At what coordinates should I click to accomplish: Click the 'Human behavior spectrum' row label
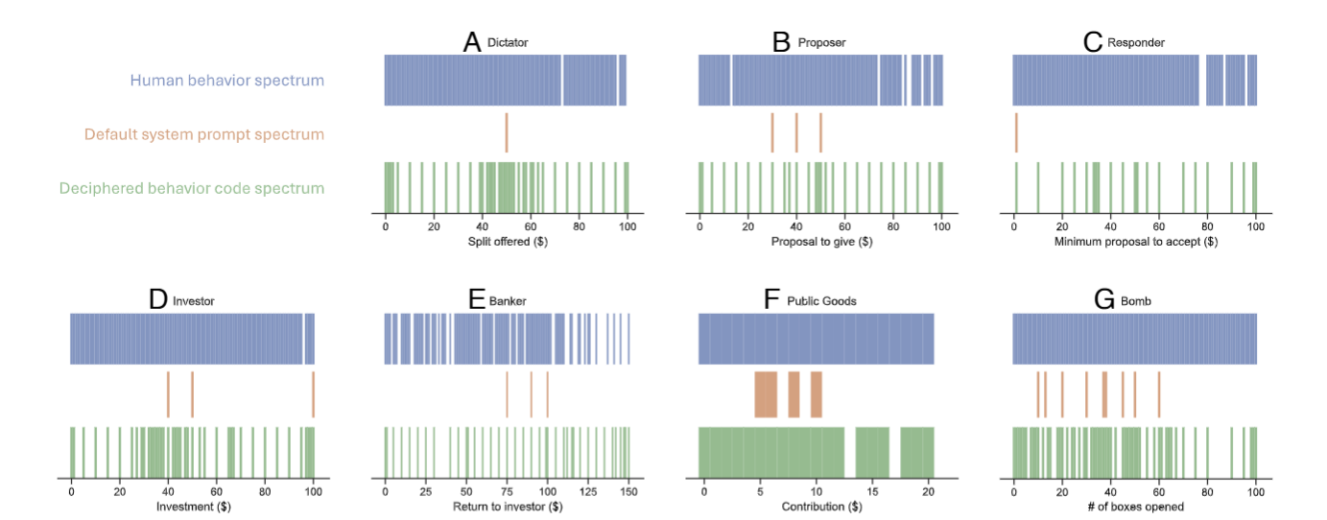coord(227,81)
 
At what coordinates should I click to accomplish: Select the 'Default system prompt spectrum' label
coord(203,134)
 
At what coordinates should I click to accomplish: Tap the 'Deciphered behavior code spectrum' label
coord(191,188)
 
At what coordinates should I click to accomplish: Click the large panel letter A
coord(471,42)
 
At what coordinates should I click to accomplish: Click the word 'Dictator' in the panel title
coord(508,43)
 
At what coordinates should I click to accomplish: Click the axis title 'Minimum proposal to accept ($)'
coord(1135,243)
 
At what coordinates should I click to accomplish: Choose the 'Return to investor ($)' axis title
coord(507,507)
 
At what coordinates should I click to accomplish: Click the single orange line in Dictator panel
coord(507,132)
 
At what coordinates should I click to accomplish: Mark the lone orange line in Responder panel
coord(1016,132)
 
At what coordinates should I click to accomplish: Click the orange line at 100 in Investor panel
coord(313,394)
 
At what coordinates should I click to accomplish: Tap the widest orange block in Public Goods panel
coord(766,394)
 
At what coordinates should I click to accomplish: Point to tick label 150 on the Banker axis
coord(628,489)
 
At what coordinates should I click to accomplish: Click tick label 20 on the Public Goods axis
coord(927,489)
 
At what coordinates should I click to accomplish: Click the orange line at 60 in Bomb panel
coord(1159,394)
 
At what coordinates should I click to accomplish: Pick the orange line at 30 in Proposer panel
coord(771,132)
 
